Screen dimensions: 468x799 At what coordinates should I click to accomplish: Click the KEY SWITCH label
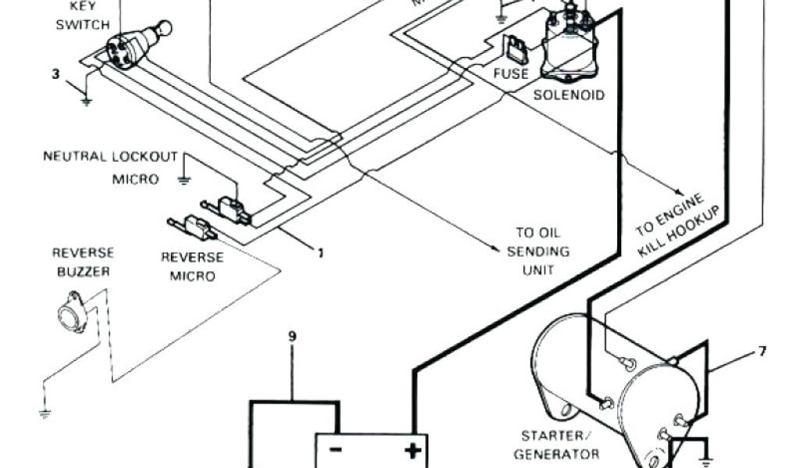(82, 16)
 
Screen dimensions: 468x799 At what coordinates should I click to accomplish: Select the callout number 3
(55, 75)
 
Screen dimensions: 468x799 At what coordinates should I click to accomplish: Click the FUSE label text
(511, 74)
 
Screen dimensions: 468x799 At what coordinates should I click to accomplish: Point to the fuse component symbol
(517, 51)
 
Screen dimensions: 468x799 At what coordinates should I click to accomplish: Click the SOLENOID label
(569, 95)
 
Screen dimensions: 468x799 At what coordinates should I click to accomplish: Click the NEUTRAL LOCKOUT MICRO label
(111, 167)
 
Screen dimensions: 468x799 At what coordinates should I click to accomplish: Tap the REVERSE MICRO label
(193, 266)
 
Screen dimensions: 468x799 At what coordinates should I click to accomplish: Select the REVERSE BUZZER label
(83, 262)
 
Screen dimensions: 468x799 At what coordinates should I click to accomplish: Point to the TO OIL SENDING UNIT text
(538, 251)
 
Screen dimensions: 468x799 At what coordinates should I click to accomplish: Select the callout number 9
(292, 337)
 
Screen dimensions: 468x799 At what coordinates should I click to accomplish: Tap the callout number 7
(762, 352)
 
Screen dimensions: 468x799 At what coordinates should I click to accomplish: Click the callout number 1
(320, 252)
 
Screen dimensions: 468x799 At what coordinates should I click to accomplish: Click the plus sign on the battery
(412, 451)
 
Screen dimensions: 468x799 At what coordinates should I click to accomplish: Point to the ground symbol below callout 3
(86, 101)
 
